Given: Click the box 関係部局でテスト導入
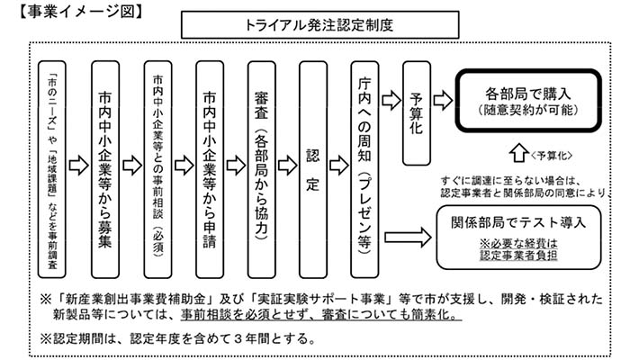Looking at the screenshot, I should tap(527, 237).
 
